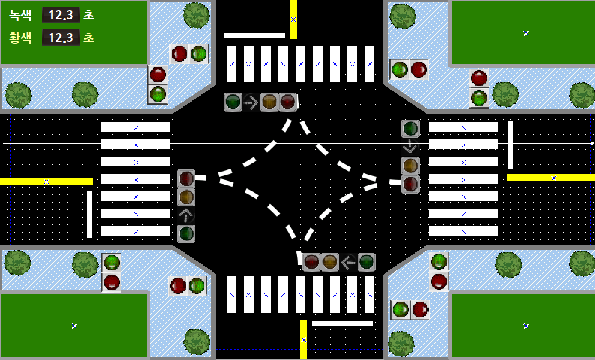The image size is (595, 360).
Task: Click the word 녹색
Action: point(21,15)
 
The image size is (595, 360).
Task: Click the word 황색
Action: point(21,38)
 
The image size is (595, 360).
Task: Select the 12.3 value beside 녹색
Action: point(61,15)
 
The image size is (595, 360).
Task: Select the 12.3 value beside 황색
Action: point(61,38)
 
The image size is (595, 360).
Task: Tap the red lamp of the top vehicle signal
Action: point(288,102)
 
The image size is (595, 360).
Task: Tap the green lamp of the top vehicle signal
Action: point(233,102)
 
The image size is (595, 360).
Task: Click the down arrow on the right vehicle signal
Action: point(410,146)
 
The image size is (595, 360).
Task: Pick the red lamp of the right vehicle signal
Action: point(410,183)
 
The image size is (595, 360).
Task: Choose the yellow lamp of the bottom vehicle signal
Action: point(329,262)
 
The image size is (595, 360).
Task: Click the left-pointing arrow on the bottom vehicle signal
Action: point(348,262)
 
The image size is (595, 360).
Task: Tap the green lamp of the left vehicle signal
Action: point(186,233)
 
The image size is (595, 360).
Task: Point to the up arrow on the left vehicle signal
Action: point(186,215)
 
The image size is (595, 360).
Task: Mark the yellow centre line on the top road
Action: point(293,19)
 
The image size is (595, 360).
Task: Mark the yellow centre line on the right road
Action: point(551,177)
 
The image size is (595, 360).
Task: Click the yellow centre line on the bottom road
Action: point(304,340)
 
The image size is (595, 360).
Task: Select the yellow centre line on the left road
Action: point(46,182)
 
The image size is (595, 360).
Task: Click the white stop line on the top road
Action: point(254,35)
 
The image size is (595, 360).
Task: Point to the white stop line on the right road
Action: point(510,145)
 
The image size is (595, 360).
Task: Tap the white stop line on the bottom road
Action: point(342,323)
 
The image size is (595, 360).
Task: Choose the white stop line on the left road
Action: point(89,214)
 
